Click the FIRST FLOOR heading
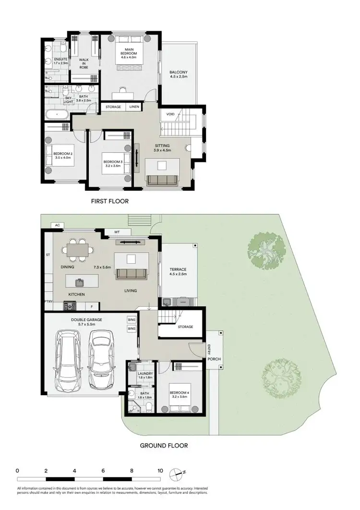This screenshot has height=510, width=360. pyautogui.click(x=110, y=201)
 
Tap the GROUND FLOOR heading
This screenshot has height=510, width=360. pyautogui.click(x=164, y=446)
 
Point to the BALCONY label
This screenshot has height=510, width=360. pyautogui.click(x=179, y=73)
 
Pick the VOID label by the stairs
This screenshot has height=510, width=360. pyautogui.click(x=170, y=114)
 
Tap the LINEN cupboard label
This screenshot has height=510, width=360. pyautogui.click(x=134, y=107)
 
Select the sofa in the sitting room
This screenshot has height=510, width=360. pyautogui.click(x=162, y=180)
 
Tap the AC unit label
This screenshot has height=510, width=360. pyautogui.click(x=57, y=225)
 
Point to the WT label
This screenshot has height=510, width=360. pyautogui.click(x=117, y=232)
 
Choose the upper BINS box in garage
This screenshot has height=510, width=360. pyautogui.click(x=132, y=320)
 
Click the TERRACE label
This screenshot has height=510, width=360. pyautogui.click(x=179, y=270)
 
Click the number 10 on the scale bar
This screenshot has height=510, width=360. pyautogui.click(x=160, y=471)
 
